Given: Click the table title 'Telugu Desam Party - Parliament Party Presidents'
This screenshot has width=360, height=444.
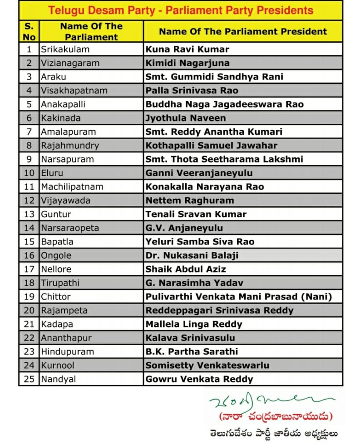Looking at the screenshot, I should [181, 10].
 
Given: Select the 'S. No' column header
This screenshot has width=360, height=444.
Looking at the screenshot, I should [29, 31].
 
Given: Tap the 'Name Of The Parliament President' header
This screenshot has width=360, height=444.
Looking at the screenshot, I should [242, 31].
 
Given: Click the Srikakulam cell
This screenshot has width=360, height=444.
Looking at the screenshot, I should [65, 49].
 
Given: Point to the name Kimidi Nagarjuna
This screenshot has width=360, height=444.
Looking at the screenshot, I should [187, 63].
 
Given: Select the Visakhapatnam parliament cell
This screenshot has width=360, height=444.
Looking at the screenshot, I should [74, 90].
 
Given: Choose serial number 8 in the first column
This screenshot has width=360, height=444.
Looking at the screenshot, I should [30, 146].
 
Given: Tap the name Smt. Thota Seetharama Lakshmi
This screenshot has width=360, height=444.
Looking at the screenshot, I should [224, 159].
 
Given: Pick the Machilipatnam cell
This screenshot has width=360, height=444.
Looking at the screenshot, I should [72, 186].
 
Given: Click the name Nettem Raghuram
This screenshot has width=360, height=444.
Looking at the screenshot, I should [190, 200].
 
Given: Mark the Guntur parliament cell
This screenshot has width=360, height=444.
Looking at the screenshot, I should [56, 214].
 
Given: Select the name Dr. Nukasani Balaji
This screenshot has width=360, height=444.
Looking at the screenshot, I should [192, 255].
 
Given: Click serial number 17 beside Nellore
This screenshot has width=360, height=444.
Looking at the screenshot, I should [30, 269].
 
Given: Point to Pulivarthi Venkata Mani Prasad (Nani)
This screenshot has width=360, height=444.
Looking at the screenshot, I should [239, 297].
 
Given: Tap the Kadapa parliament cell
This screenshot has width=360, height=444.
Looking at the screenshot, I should [57, 324].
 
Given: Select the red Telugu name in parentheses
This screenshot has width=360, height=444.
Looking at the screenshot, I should [276, 416].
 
